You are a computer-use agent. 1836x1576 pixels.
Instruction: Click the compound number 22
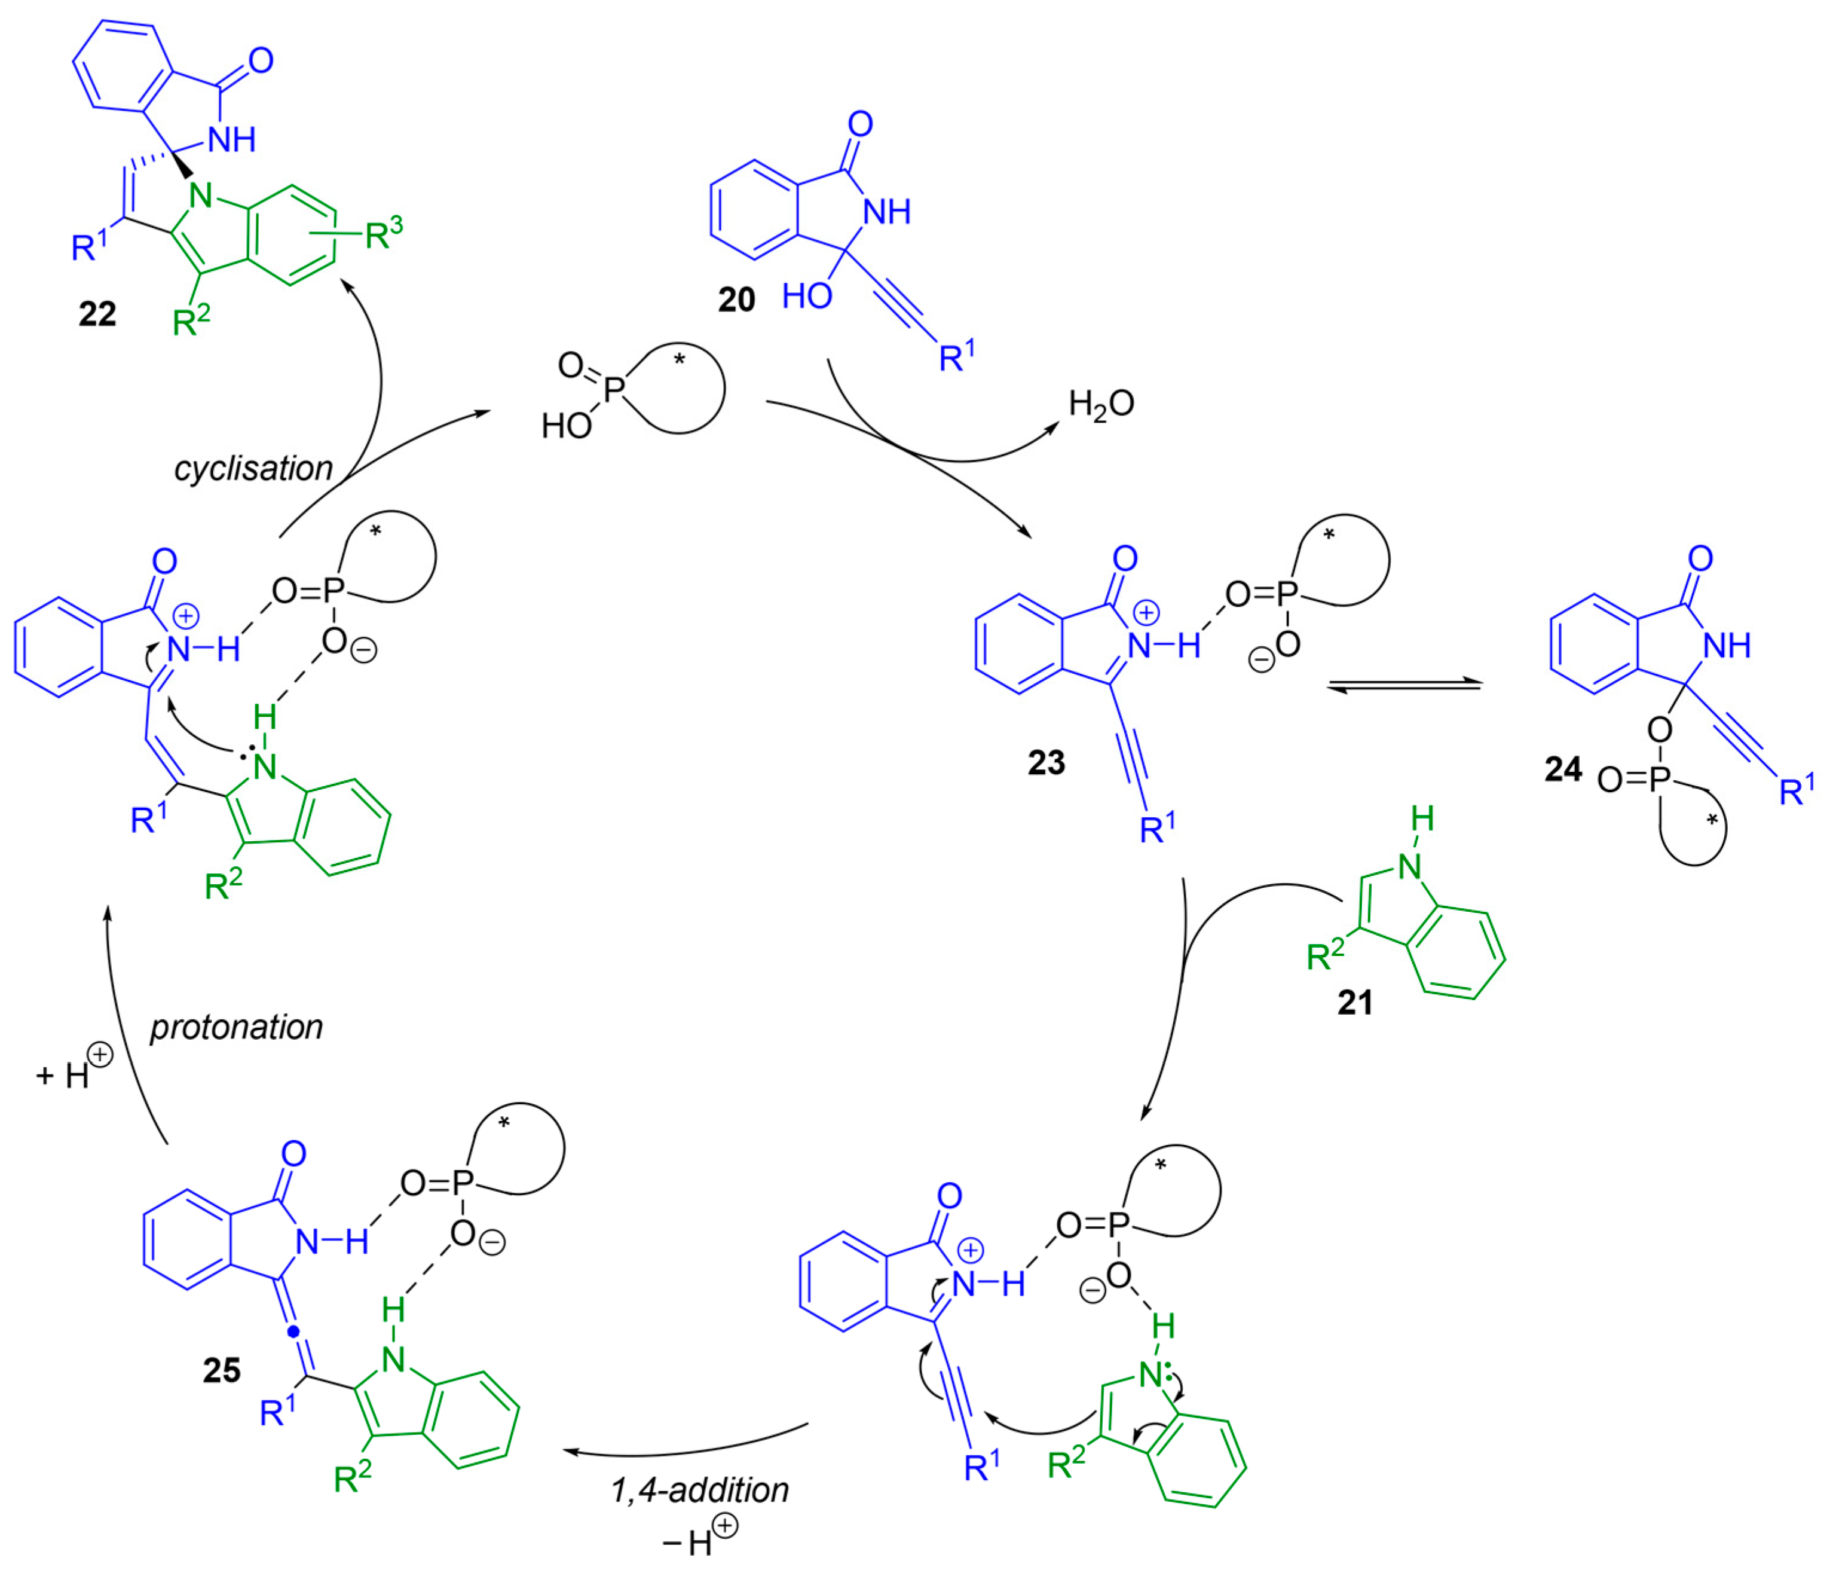pos(97,314)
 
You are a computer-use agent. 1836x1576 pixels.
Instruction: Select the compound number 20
pos(736,300)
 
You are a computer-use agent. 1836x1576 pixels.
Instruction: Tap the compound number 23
pos(1046,762)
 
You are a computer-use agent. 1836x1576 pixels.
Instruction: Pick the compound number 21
pos(1355,1003)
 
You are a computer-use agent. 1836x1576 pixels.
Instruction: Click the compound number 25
pos(222,1370)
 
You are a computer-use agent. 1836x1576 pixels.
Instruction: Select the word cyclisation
pos(253,468)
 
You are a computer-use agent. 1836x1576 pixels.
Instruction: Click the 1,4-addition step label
pos(699,1490)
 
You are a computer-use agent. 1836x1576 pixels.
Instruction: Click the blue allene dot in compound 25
pos(294,1331)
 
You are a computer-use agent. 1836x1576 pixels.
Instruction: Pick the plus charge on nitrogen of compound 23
pos(1147,612)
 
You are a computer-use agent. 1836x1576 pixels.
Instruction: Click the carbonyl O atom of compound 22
pos(261,60)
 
